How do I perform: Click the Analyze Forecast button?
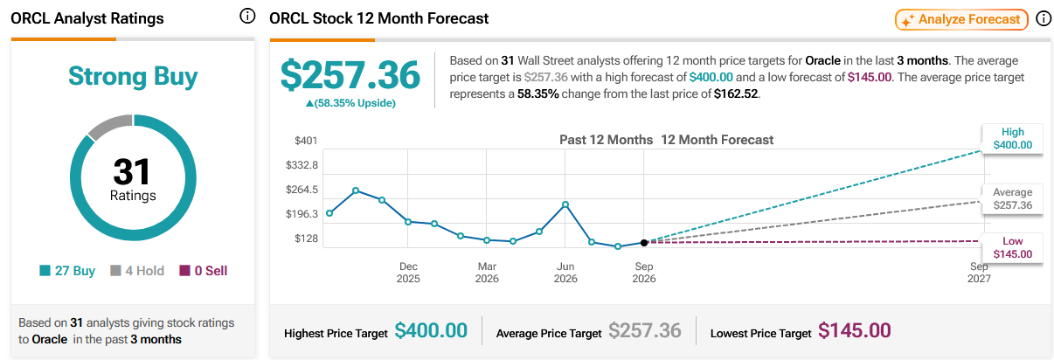961,19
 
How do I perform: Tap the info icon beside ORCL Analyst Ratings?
247,17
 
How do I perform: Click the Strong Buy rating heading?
133,76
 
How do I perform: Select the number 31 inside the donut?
132,171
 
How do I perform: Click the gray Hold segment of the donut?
109,126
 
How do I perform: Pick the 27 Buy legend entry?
67,271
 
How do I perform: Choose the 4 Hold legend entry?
137,271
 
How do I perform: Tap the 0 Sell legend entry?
204,271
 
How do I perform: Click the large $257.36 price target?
350,75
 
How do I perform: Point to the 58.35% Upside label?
350,103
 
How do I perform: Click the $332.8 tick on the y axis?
302,165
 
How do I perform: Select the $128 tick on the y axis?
306,239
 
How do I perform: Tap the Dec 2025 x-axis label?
408,273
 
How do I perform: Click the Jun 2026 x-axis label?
565,273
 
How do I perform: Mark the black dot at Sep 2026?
644,243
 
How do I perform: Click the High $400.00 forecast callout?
1013,138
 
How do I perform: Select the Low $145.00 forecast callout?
1013,247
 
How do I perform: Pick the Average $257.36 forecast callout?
1013,198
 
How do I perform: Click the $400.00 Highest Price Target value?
431,330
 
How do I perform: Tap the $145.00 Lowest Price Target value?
855,330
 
